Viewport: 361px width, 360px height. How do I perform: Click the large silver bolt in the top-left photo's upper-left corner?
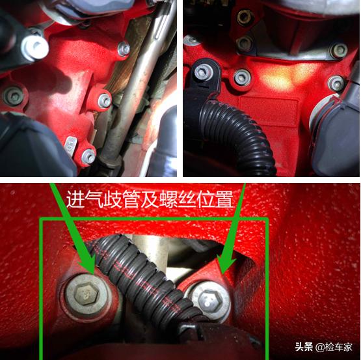pos(35,48)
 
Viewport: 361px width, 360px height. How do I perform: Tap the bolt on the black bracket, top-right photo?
pos(202,72)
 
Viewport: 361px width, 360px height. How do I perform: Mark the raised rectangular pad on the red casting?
pos(269,111)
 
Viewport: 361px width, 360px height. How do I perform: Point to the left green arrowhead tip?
pos(93,274)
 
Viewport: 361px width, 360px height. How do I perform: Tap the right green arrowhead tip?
pos(222,274)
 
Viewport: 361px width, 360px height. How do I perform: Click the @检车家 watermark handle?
pos(334,347)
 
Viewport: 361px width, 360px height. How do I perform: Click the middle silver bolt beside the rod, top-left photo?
pos(105,101)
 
